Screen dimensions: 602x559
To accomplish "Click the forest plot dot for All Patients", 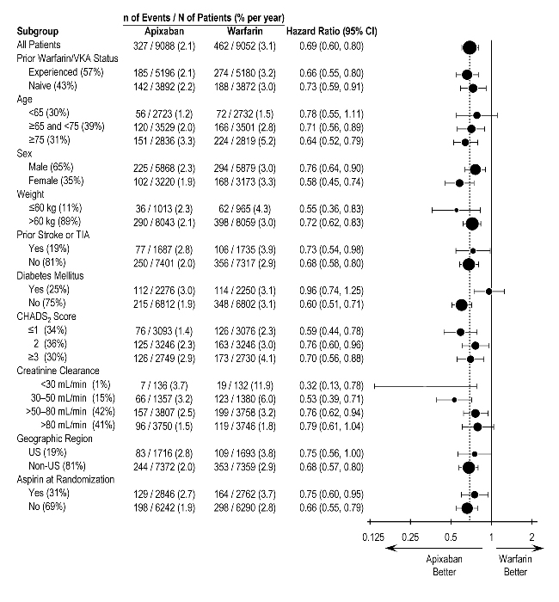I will click(469, 47).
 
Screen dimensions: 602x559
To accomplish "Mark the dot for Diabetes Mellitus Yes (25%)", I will click(488, 291).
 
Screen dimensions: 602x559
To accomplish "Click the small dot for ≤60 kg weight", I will click(456, 209).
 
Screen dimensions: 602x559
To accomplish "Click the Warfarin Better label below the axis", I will click(516, 565).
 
